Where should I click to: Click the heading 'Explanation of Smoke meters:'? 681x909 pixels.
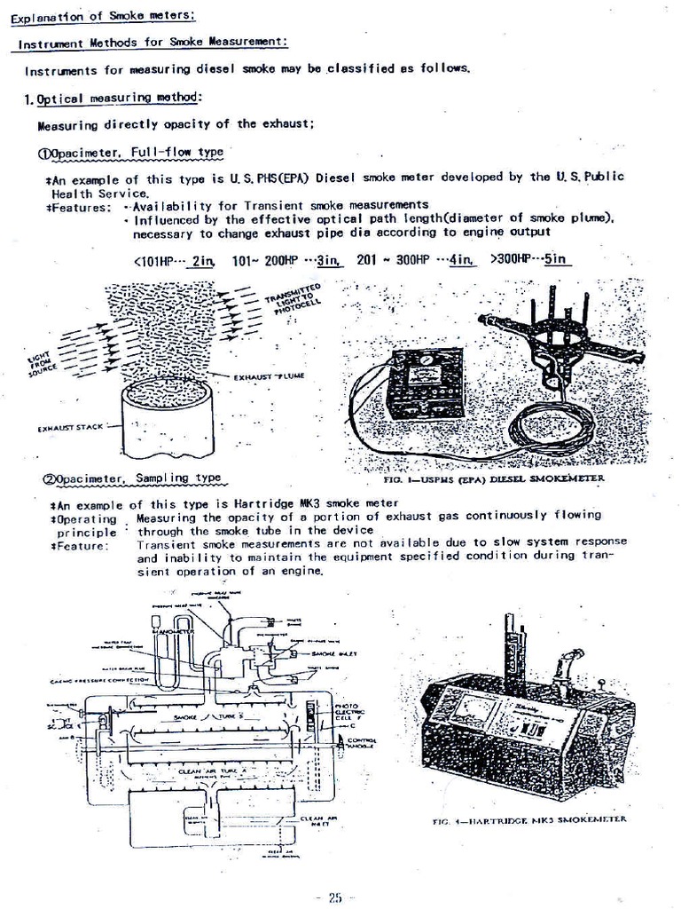pyautogui.click(x=104, y=14)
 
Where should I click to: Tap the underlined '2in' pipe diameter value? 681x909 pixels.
pyautogui.click(x=203, y=260)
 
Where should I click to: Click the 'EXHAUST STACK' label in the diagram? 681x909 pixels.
pyautogui.click(x=72, y=428)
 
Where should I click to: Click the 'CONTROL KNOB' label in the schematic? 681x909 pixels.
pyautogui.click(x=362, y=744)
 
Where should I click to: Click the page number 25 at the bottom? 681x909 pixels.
pyautogui.click(x=334, y=897)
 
